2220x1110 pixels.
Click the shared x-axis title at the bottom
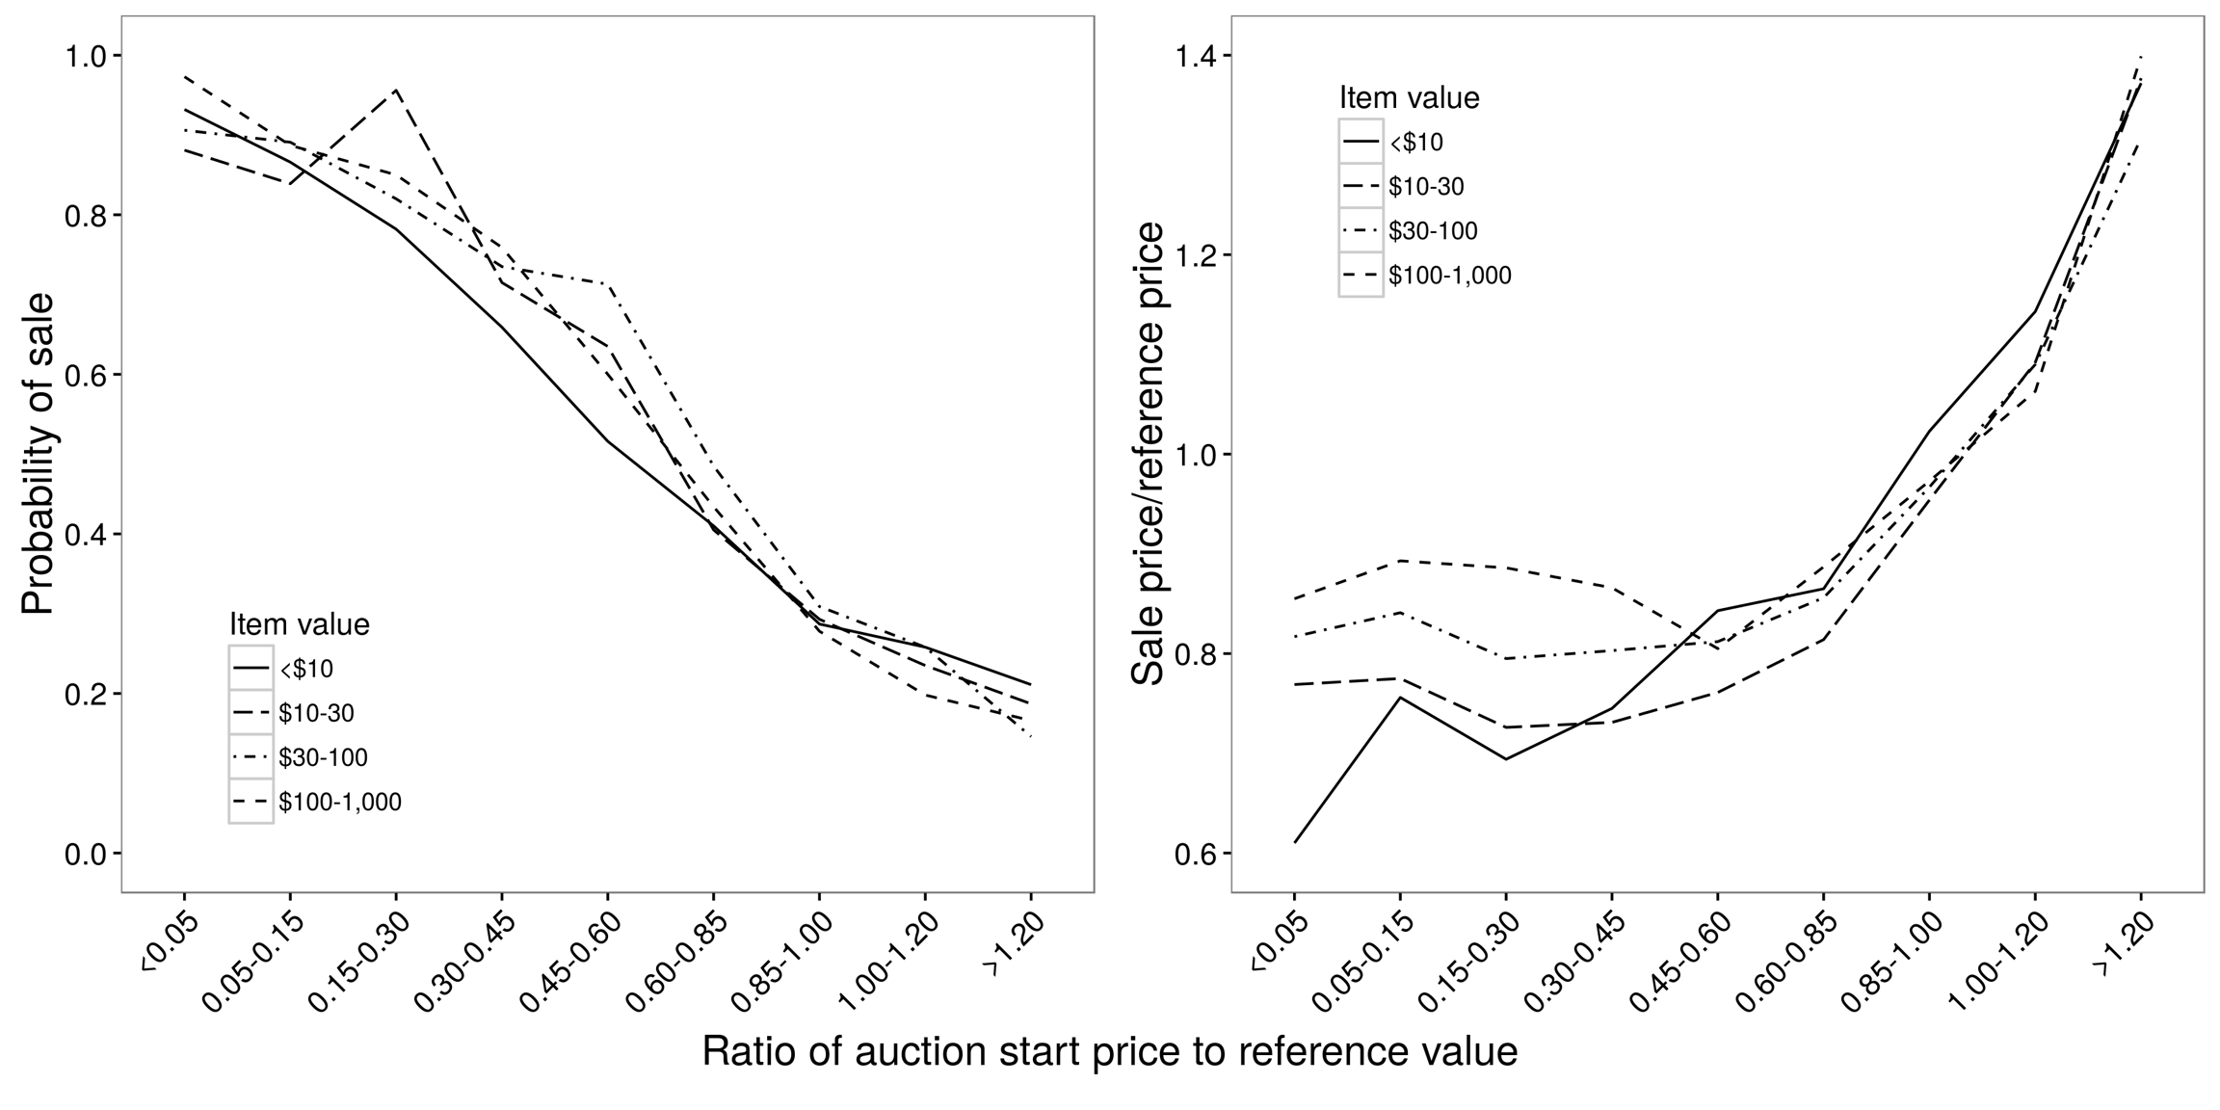click(x=1109, y=1051)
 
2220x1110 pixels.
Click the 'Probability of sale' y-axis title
click(x=39, y=453)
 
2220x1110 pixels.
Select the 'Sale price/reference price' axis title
click(x=1149, y=453)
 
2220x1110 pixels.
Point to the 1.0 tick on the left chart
click(x=85, y=56)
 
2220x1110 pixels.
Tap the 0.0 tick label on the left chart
click(x=85, y=854)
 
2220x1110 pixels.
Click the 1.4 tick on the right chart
click(x=1195, y=56)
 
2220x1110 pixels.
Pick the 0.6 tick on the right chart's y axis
click(x=1195, y=854)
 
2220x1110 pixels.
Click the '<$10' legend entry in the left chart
click(x=306, y=669)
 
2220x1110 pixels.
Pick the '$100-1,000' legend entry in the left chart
click(x=339, y=802)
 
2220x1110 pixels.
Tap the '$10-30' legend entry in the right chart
click(x=1426, y=187)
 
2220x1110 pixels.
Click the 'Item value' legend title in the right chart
click(x=1409, y=98)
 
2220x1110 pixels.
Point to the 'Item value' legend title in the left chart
click(x=299, y=625)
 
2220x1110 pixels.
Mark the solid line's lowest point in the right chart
click(x=1294, y=843)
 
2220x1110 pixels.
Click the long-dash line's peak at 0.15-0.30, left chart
click(x=395, y=90)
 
